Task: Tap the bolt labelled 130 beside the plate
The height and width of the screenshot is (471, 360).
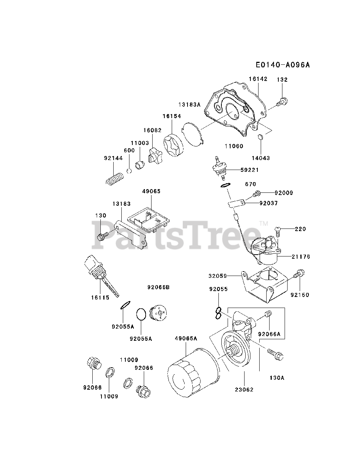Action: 102,236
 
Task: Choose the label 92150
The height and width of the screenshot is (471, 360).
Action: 300,295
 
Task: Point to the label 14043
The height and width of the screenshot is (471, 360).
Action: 261,158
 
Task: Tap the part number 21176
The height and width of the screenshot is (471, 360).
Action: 301,256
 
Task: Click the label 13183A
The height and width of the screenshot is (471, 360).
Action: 189,105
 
